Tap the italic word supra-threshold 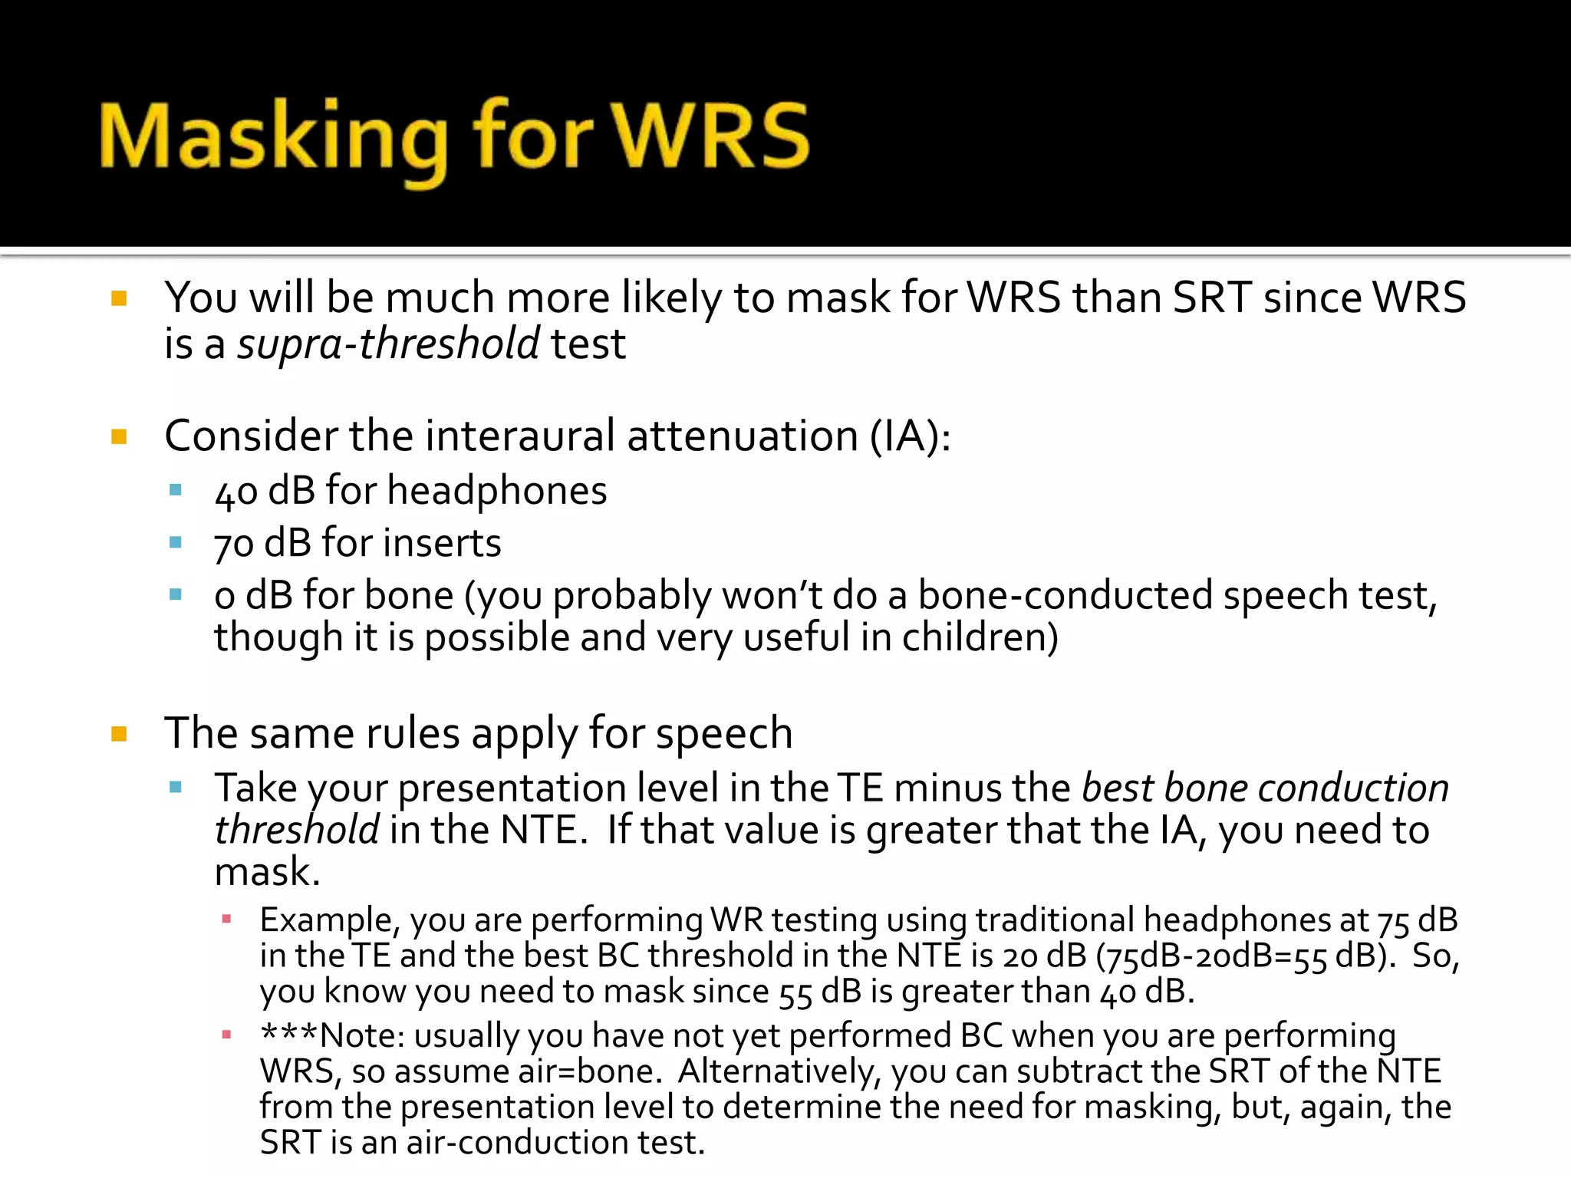pos(388,343)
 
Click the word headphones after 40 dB pos(496,490)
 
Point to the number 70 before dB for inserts pos(233,544)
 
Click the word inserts pos(442,543)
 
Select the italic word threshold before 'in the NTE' pos(296,830)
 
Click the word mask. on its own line pos(267,872)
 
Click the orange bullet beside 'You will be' pos(119,298)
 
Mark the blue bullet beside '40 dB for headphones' pos(176,490)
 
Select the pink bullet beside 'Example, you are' pos(226,919)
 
